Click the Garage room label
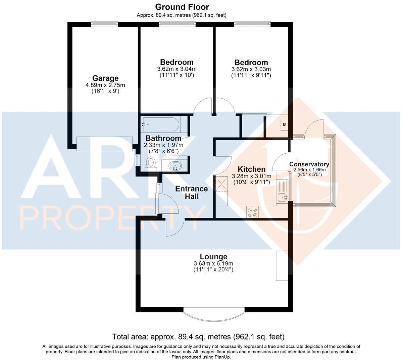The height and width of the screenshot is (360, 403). tap(105, 79)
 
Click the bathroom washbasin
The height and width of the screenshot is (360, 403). tap(174, 166)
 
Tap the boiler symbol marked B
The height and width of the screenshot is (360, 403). tap(285, 124)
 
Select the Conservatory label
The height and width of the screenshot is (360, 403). tap(309, 164)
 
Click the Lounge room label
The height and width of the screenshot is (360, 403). tap(213, 257)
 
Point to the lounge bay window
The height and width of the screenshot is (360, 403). tap(214, 313)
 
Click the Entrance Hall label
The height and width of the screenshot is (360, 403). tap(192, 193)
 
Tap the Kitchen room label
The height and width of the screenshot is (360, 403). tap(251, 169)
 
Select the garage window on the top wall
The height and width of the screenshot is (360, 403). tap(104, 24)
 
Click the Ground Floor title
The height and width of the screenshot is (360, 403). tap(182, 7)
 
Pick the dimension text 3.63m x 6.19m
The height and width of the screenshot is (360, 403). tap(213, 263)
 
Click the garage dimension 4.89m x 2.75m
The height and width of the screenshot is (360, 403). tap(105, 85)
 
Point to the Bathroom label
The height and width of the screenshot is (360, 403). tap(163, 138)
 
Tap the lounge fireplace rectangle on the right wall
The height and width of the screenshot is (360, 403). tap(282, 266)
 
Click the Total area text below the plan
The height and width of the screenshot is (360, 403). tap(198, 337)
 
